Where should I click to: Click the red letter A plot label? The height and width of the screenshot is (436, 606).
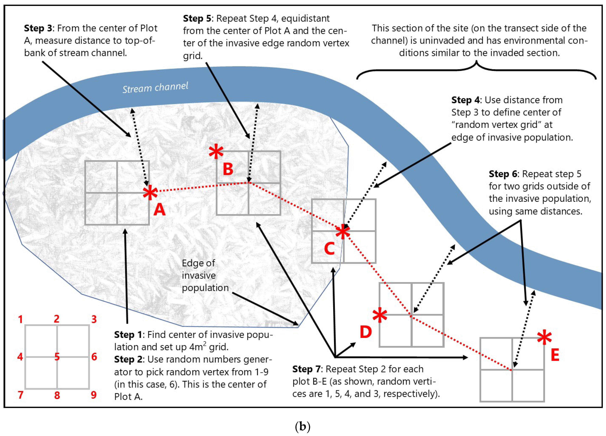pyautogui.click(x=160, y=210)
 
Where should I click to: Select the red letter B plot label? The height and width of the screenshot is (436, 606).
pyautogui.click(x=228, y=169)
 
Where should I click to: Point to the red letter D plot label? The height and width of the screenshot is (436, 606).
pyautogui.click(x=366, y=332)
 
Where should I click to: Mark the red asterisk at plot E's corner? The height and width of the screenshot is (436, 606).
pyautogui.click(x=544, y=338)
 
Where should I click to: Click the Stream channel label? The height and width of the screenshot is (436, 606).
pyautogui.click(x=155, y=88)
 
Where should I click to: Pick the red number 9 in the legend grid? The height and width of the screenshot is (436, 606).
pyautogui.click(x=94, y=395)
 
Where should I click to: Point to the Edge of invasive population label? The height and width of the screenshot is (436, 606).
pyautogui.click(x=205, y=275)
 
